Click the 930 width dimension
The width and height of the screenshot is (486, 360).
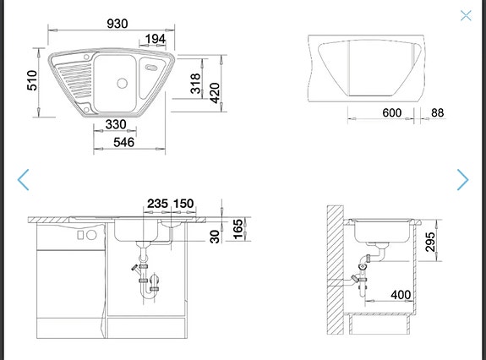pos(117,24)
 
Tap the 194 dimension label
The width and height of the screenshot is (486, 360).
pos(155,39)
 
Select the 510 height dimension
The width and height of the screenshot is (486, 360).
pos(32,80)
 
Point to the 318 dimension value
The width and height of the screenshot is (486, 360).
pos(195,84)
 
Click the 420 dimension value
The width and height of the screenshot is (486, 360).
pos(215,93)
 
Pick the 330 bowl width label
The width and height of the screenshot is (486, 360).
pos(116,124)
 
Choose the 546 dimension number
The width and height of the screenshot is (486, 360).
pos(124,143)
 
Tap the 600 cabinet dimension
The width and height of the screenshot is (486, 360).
pos(392,112)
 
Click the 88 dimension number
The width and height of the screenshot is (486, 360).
pos(437,112)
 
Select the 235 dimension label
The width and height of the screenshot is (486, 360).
pos(157,204)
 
